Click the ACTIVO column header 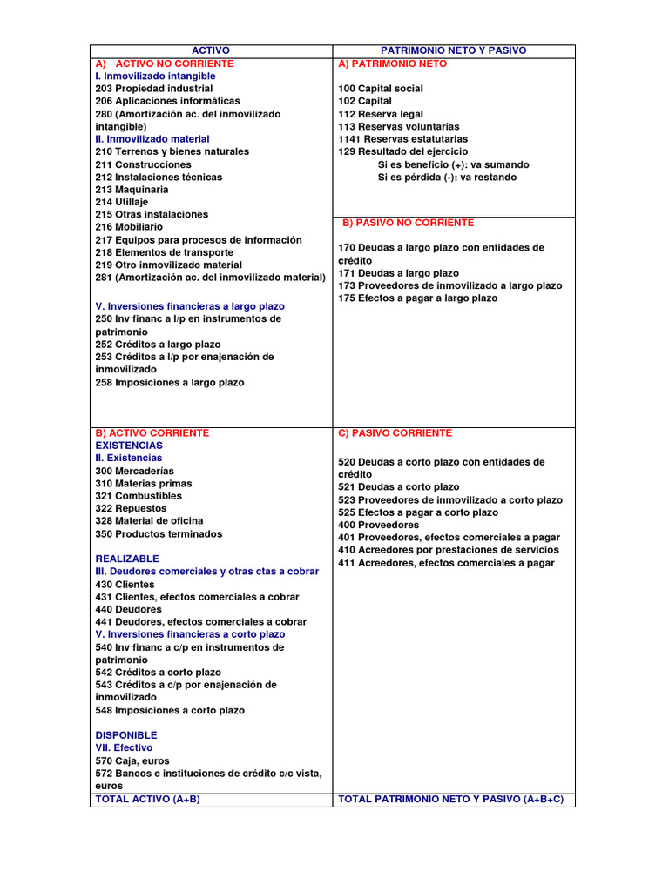click(x=211, y=51)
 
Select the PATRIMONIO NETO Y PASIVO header click(x=454, y=51)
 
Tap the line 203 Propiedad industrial click(x=153, y=89)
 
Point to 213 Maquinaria click(x=132, y=190)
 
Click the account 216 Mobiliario click(x=129, y=227)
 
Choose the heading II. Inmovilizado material click(x=152, y=139)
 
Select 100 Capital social click(x=381, y=89)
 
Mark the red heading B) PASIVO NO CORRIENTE click(x=409, y=223)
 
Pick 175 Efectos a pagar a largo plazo click(x=418, y=298)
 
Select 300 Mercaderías click(x=134, y=471)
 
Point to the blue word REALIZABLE click(x=127, y=559)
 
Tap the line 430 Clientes click(x=125, y=585)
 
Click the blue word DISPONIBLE click(x=126, y=735)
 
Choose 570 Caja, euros click(x=132, y=760)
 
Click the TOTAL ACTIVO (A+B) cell click(x=147, y=799)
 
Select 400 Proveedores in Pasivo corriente click(x=378, y=526)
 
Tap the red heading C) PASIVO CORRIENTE click(x=395, y=433)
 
